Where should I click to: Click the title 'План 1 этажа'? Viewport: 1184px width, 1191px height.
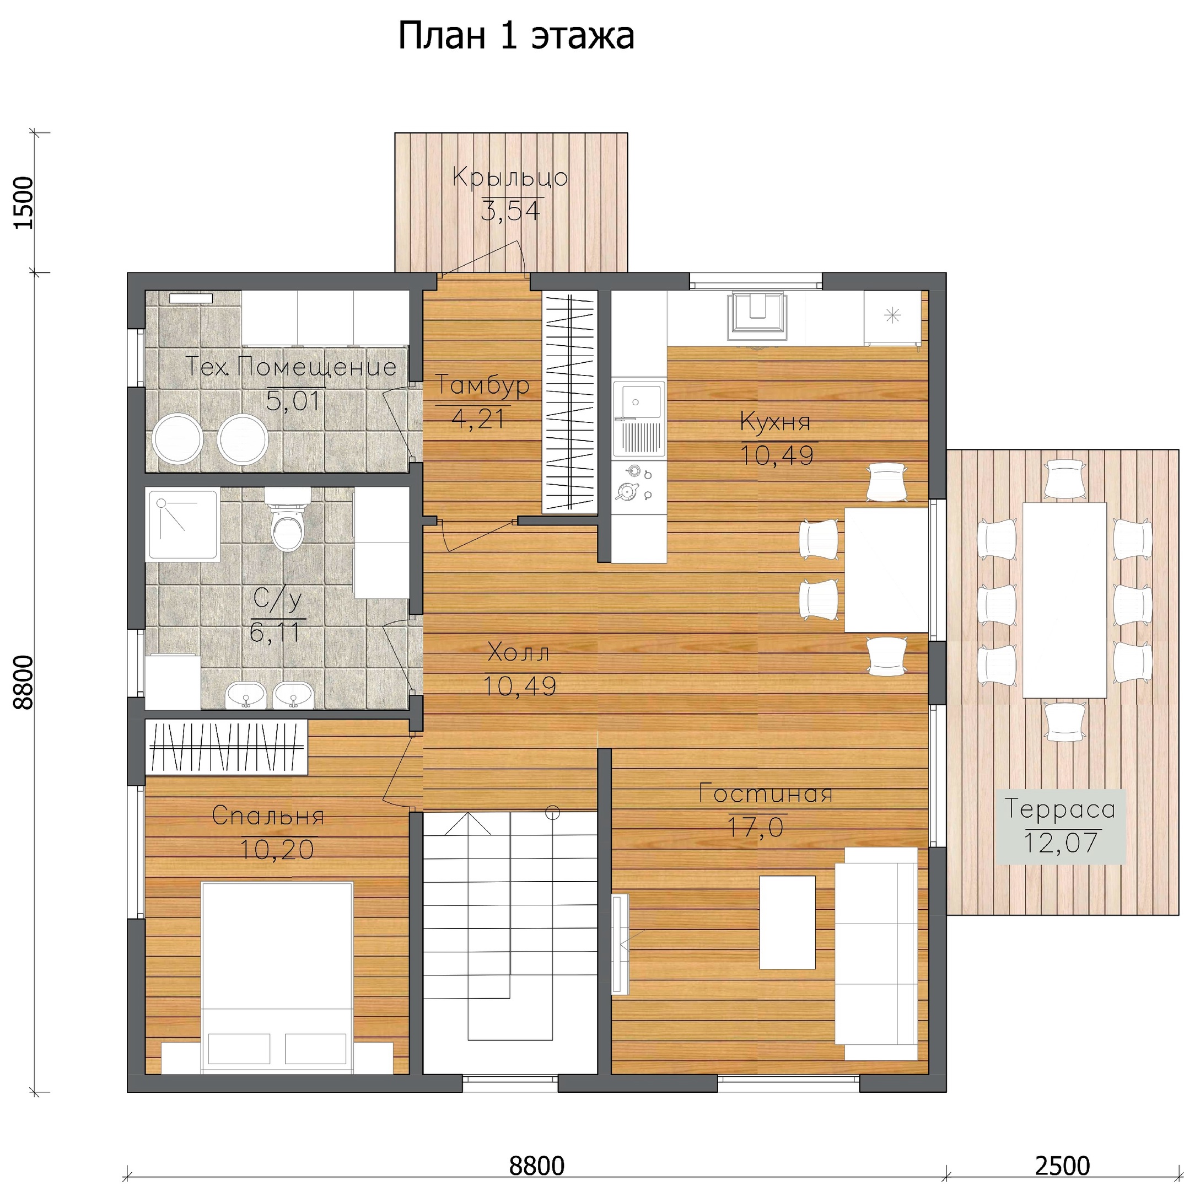[516, 36]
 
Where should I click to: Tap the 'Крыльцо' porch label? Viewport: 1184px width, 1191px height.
[510, 178]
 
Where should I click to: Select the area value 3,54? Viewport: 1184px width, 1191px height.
[510, 211]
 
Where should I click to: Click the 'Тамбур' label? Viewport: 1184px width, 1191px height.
[482, 385]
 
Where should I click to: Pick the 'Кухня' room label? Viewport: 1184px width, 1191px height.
[776, 422]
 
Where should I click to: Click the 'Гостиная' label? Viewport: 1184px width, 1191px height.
[766, 793]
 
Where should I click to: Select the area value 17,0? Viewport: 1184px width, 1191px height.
[756, 827]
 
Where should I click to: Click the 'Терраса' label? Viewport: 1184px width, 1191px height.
[1060, 809]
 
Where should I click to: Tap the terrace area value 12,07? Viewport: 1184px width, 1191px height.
[1061, 843]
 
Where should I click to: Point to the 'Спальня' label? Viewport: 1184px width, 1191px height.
[267, 816]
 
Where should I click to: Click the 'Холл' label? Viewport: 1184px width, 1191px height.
[518, 652]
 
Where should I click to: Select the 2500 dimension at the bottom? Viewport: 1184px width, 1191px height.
[1063, 1166]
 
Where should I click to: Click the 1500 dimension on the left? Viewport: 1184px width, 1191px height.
[23, 202]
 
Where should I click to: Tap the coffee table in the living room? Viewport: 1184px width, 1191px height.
[787, 922]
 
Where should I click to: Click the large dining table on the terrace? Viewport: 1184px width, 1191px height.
[1064, 600]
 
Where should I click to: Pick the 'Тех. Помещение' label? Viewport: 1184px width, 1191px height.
[291, 367]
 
